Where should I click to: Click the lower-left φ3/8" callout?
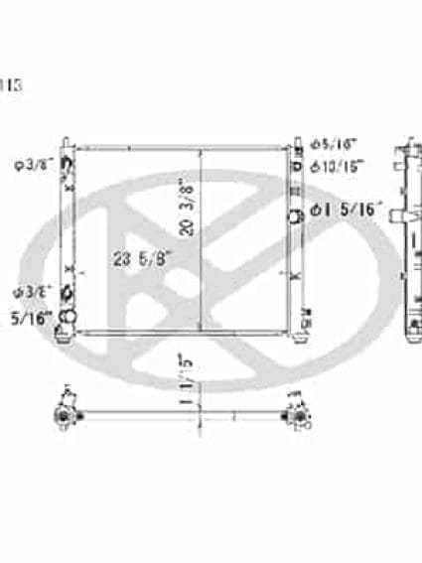[x=29, y=292]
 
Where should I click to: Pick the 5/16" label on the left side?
[x=26, y=318]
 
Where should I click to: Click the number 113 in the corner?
[x=9, y=85]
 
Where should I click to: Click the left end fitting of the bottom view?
[x=67, y=412]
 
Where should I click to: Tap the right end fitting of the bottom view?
[x=295, y=411]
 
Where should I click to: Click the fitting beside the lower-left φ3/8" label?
[x=67, y=294]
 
